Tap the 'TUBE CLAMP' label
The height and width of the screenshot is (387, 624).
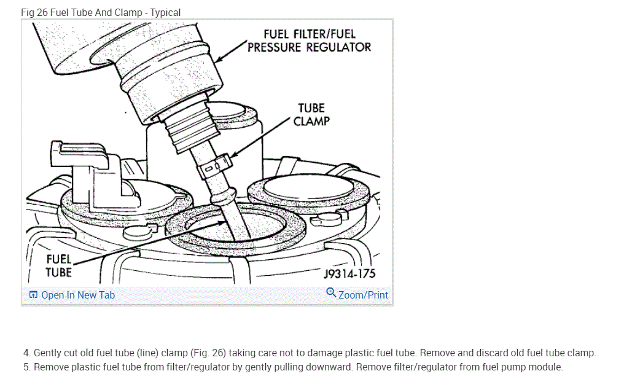pos(311,114)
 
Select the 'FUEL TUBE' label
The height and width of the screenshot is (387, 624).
pos(59,265)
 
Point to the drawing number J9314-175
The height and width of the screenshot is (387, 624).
pos(349,273)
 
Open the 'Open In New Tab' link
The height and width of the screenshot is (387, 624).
pos(78,295)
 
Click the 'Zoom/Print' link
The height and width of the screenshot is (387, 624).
pos(363,295)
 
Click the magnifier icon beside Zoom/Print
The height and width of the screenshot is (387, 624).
pos(331,293)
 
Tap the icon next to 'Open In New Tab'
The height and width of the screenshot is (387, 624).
pos(33,295)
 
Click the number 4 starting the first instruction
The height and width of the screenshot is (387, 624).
pos(26,353)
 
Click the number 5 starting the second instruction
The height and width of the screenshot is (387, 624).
pos(26,367)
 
